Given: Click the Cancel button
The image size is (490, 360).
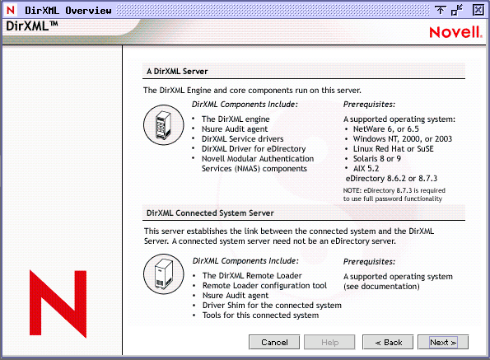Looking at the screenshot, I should coord(274,342).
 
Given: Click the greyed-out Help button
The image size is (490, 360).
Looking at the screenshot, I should coord(330,342).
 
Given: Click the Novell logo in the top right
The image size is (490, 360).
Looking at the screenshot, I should coord(450,32).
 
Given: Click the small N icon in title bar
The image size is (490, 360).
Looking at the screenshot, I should coord(10,10).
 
